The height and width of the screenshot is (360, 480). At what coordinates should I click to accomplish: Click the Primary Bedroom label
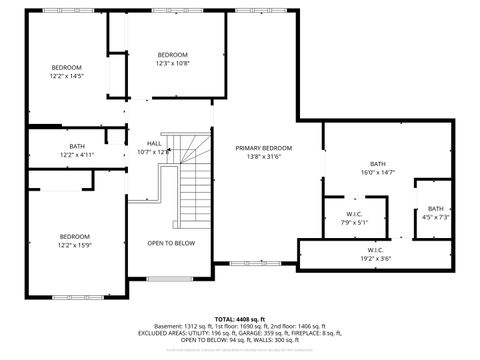coord(263,148)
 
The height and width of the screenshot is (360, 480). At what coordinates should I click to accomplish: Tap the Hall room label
coord(154,143)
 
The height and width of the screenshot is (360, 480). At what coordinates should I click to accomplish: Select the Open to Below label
coord(171,243)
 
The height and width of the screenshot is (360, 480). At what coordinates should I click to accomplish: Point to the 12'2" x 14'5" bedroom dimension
coord(67,76)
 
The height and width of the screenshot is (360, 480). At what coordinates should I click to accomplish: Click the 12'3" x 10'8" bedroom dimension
coord(172,63)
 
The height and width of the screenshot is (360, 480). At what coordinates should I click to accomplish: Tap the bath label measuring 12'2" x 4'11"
coord(77,155)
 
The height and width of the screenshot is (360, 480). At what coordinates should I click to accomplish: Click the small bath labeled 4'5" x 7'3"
coord(436,217)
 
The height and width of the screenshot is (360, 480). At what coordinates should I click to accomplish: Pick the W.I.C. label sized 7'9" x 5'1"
coord(354,223)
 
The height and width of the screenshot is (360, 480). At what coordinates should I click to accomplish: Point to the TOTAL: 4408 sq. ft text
coord(239,318)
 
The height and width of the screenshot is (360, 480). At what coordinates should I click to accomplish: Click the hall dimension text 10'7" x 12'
coord(154,152)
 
